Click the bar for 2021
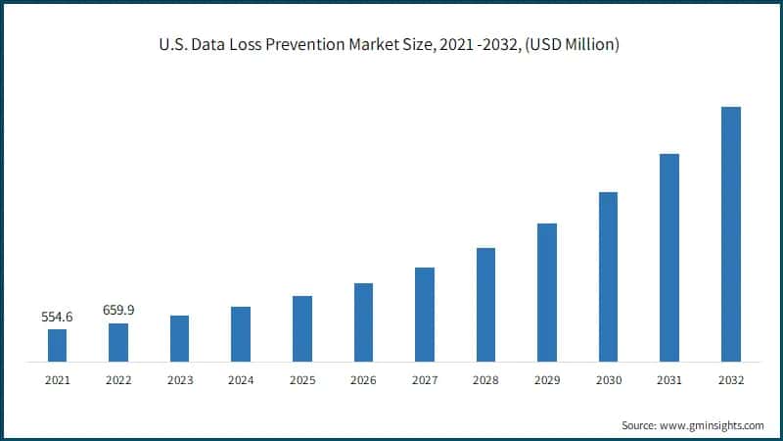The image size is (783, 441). [x=58, y=345]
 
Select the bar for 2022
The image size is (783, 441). [x=118, y=342]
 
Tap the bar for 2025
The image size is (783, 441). [x=302, y=328]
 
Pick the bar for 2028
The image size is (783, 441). [x=485, y=305]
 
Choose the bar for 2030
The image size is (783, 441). [x=608, y=276]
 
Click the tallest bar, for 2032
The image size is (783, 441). [x=730, y=234]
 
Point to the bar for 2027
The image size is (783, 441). [x=425, y=315]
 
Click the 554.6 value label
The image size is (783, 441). [x=58, y=318]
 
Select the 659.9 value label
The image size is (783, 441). [x=118, y=311]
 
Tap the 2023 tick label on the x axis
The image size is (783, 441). [x=180, y=379]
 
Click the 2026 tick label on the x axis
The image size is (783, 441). [x=363, y=379]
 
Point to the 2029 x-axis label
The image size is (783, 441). [x=547, y=379]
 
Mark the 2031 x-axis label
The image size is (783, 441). [x=669, y=379]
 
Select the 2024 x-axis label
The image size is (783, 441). [x=241, y=379]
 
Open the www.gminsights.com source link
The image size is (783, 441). [x=713, y=425]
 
